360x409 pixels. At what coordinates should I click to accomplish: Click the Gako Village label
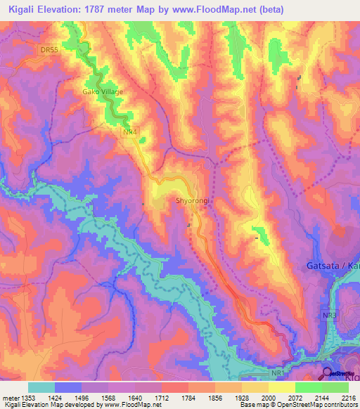103,91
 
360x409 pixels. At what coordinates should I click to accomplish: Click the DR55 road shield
47,49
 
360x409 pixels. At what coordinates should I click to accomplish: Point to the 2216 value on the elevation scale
349,398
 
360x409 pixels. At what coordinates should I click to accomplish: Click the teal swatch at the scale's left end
41,387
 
